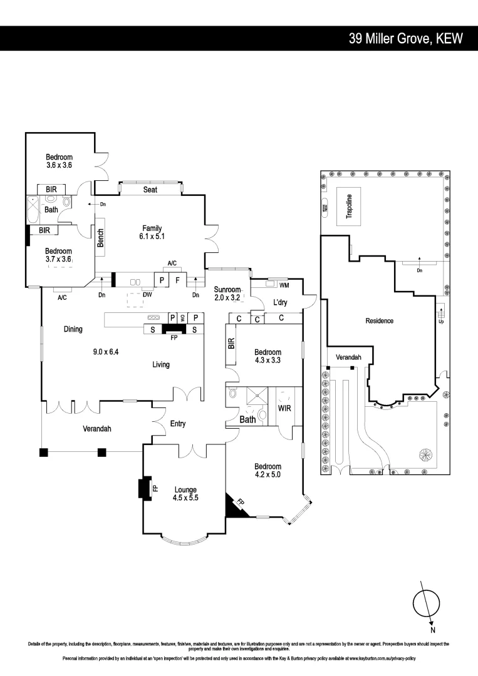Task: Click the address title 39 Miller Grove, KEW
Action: (405, 39)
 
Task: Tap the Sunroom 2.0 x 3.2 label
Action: (227, 294)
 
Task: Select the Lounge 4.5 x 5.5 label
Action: (185, 494)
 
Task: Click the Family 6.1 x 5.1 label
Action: (152, 232)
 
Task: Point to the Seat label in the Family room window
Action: (150, 189)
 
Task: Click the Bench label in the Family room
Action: (100, 238)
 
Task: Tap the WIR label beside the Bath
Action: (284, 408)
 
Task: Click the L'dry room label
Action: (280, 303)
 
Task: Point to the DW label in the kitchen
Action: (147, 295)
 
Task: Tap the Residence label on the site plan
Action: (380, 320)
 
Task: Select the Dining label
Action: (73, 329)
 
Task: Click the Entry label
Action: (178, 424)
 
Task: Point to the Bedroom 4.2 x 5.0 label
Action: (268, 470)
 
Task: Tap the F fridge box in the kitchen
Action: (178, 280)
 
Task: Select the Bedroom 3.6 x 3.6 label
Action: (59, 161)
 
